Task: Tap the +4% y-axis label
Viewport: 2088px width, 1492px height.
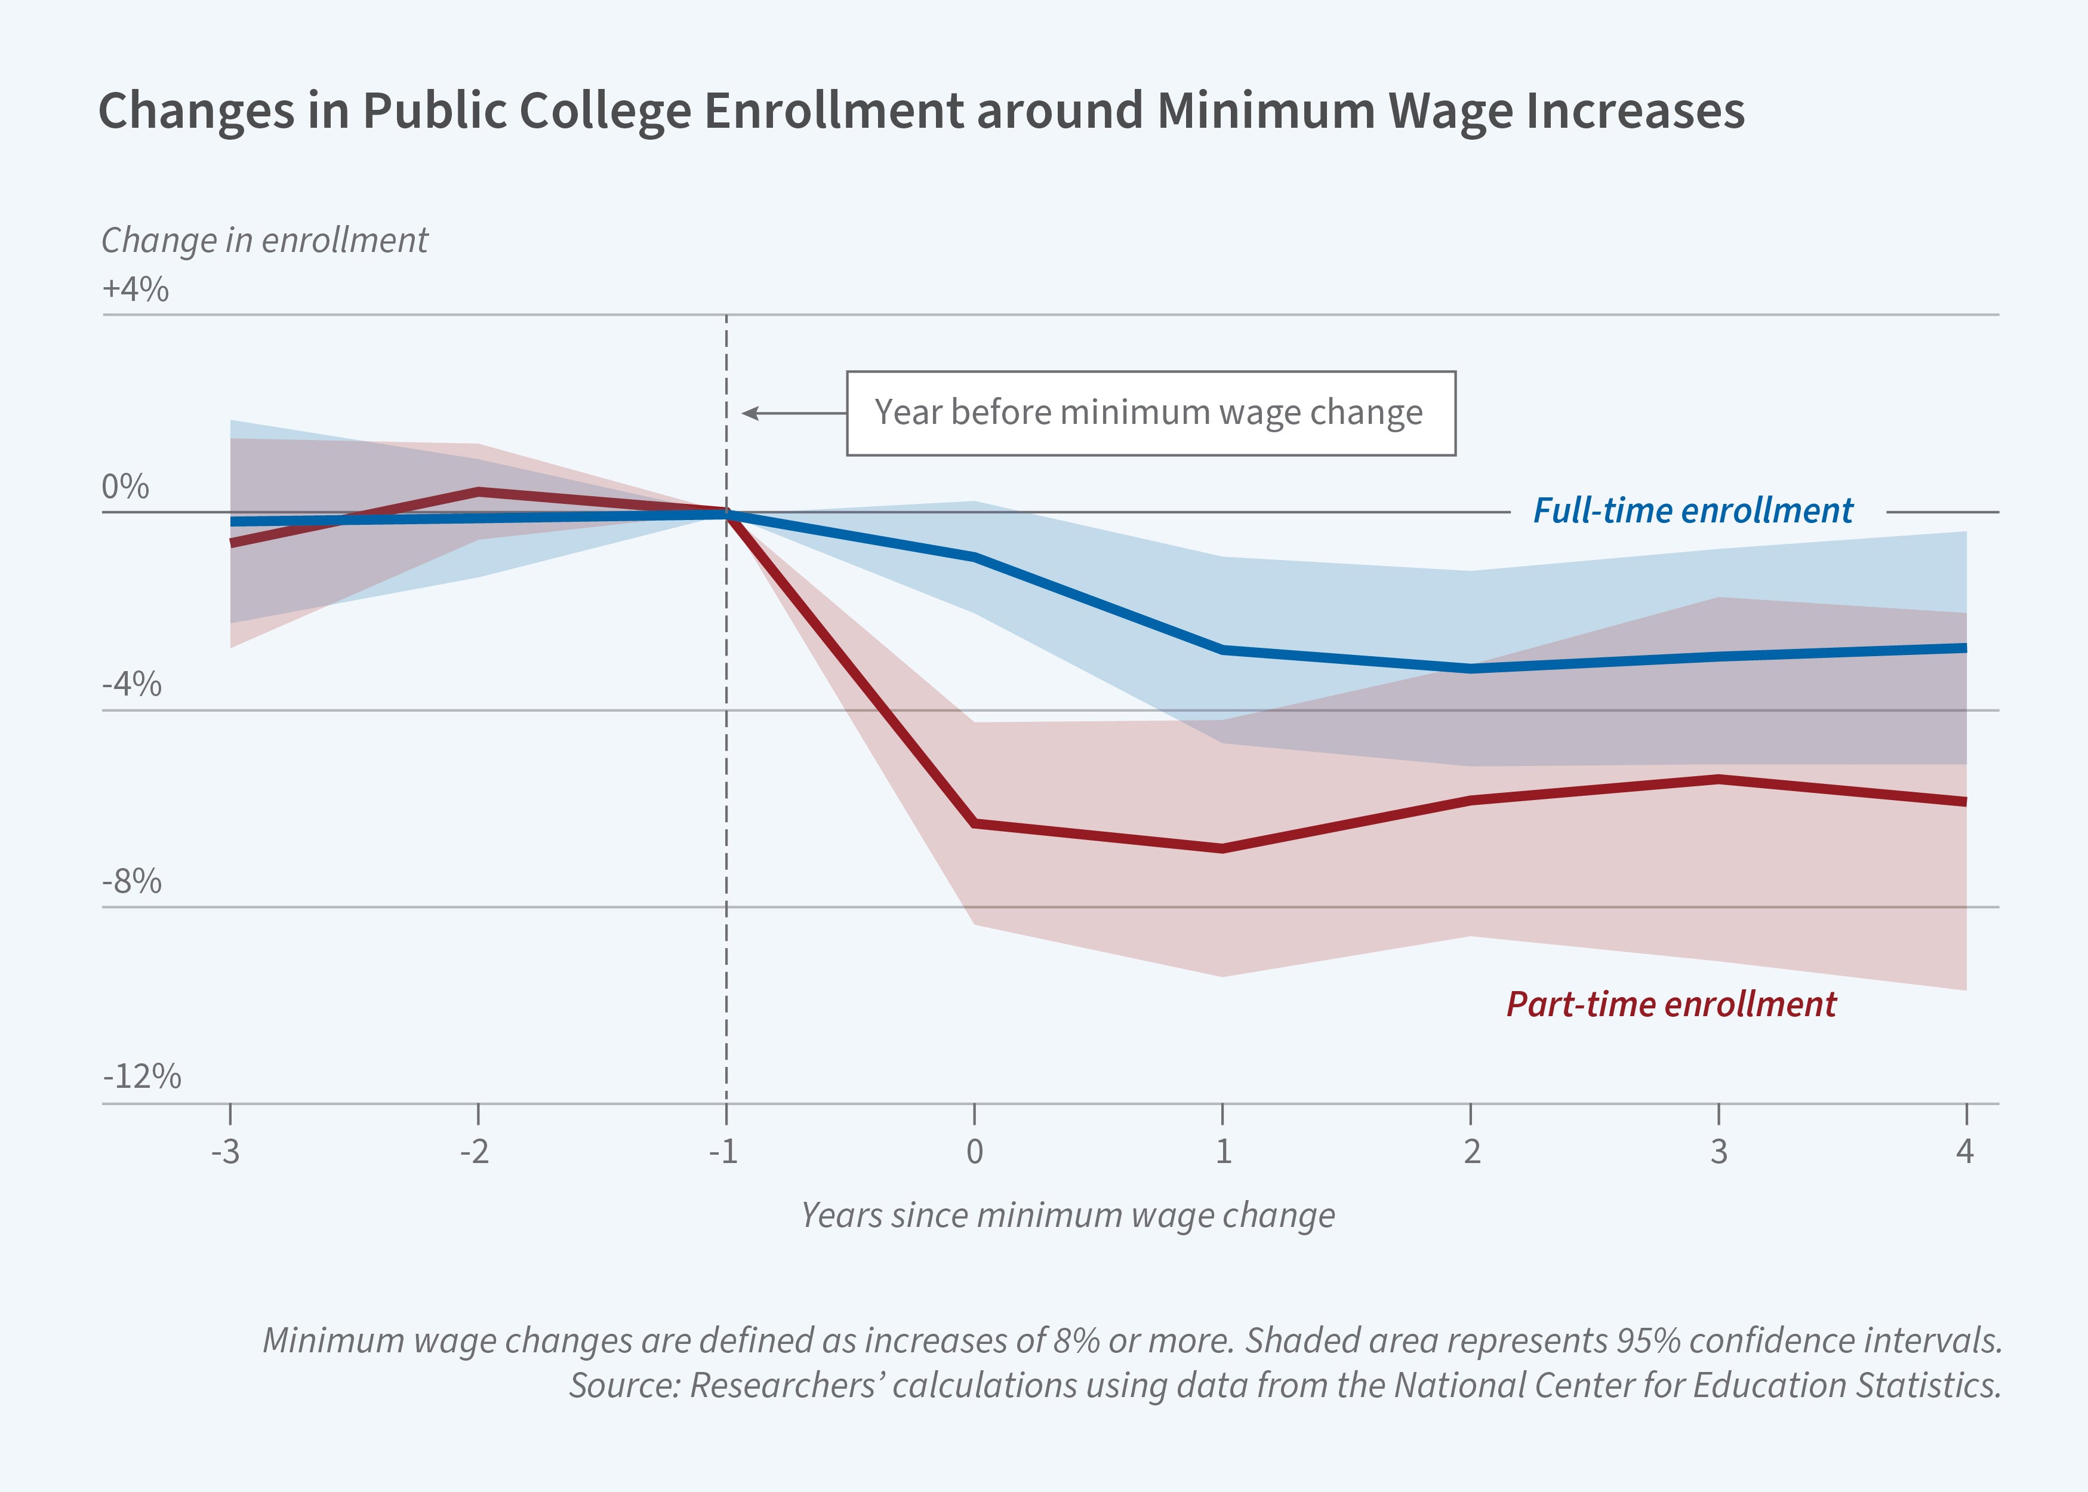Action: [135, 290]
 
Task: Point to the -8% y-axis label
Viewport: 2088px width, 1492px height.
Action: [131, 882]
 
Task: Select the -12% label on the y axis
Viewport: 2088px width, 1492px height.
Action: [141, 1076]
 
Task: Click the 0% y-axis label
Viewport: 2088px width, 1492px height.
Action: [125, 487]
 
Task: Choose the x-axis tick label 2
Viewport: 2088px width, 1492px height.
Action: [1471, 1151]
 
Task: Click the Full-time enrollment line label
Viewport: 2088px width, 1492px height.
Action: [1693, 511]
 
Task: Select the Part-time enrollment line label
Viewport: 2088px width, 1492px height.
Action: [1671, 1004]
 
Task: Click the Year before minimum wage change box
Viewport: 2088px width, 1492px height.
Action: [1150, 413]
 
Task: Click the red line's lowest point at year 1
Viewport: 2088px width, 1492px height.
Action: [1222, 848]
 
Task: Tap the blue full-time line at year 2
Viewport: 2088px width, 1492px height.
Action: [1471, 669]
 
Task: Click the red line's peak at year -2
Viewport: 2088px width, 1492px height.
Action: [478, 491]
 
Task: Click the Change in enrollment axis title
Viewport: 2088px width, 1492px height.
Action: [264, 241]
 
